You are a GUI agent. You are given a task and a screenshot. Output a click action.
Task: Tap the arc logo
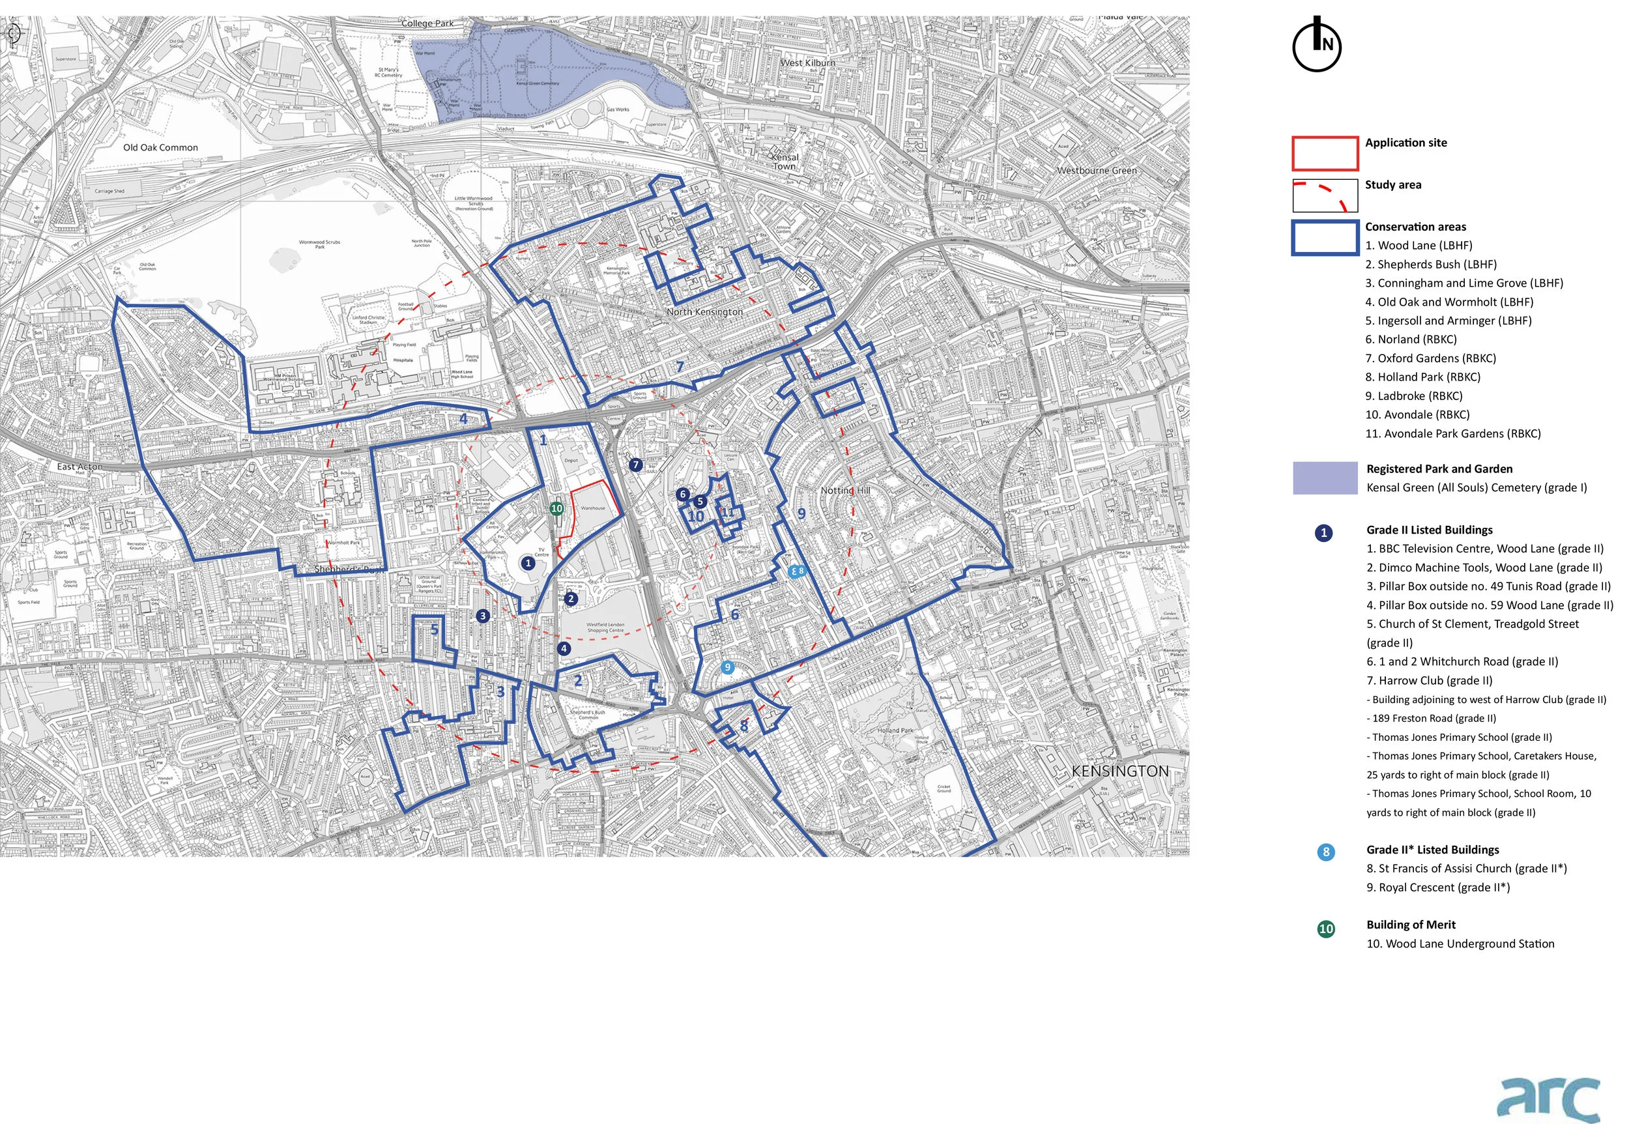tap(1548, 1097)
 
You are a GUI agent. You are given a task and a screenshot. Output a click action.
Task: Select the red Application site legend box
tap(1324, 154)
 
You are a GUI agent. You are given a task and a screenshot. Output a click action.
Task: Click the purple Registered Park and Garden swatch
tap(1324, 478)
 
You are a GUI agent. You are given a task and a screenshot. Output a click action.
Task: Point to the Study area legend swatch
tap(1324, 195)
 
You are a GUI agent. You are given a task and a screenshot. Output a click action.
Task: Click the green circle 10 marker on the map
tap(556, 508)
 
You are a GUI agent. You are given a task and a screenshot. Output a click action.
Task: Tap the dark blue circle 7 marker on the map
tap(635, 465)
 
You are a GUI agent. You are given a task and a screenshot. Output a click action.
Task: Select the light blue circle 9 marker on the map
tap(728, 667)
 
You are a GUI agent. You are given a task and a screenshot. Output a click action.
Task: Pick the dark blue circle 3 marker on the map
tap(482, 616)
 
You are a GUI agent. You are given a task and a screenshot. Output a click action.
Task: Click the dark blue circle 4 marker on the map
tap(564, 648)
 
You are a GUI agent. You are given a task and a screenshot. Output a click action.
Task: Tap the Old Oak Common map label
tap(160, 148)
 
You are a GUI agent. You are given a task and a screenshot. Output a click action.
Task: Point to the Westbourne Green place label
tap(1096, 171)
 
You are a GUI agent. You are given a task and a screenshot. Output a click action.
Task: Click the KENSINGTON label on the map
tap(1120, 771)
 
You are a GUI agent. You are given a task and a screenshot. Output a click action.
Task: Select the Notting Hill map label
tap(845, 490)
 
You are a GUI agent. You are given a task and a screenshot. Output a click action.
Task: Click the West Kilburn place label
tap(808, 63)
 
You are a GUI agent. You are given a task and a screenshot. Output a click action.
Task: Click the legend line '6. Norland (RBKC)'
tap(1410, 339)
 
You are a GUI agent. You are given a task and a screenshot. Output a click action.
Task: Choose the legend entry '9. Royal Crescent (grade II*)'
tap(1437, 887)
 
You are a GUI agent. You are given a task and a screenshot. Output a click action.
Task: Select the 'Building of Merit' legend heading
tap(1410, 925)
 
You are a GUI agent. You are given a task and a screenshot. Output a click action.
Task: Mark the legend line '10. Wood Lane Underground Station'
tap(1460, 944)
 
